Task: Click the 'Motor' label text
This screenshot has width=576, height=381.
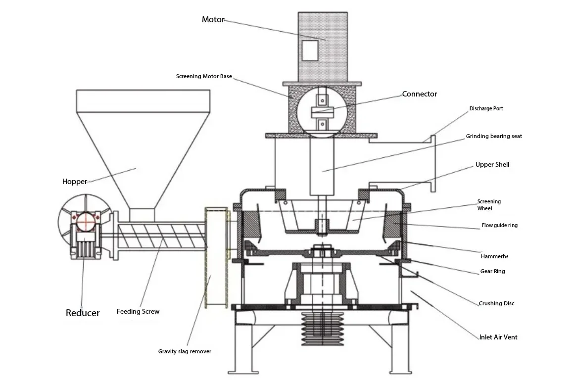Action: [213, 20]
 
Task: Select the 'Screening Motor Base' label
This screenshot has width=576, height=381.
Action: [204, 77]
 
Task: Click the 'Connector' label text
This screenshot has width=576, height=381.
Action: [419, 94]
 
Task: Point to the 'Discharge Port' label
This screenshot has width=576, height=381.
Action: [486, 108]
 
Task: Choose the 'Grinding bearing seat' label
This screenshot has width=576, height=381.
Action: [493, 136]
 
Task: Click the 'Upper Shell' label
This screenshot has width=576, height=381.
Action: [492, 165]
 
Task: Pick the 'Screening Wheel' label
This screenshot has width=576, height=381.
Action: [488, 205]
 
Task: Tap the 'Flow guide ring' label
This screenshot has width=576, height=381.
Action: [499, 226]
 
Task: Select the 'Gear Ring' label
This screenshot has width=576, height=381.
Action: [492, 272]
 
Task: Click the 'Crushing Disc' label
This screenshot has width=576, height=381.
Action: [496, 303]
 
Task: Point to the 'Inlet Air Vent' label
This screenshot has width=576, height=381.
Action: [498, 337]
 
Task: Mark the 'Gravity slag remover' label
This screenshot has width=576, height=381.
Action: [185, 351]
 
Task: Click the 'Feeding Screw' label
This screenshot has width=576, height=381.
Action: [138, 312]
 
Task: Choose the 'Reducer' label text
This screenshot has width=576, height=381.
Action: [83, 313]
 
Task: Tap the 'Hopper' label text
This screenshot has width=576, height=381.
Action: [75, 182]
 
